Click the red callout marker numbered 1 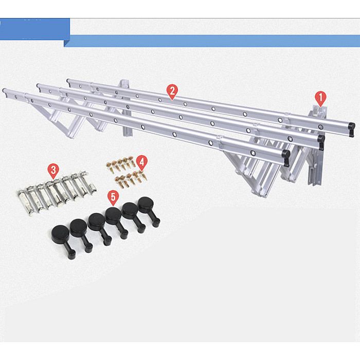(x=320, y=98)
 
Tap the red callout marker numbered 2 (x=172, y=92)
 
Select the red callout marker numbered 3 (x=53, y=171)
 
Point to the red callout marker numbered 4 (x=141, y=163)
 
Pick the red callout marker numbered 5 (x=113, y=197)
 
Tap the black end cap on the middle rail (x=321, y=141)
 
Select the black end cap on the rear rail (x=351, y=129)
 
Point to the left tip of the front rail (x=3, y=90)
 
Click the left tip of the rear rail (x=67, y=81)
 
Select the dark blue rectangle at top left (x=35, y=29)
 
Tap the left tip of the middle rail (x=38, y=85)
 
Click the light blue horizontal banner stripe (x=212, y=41)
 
